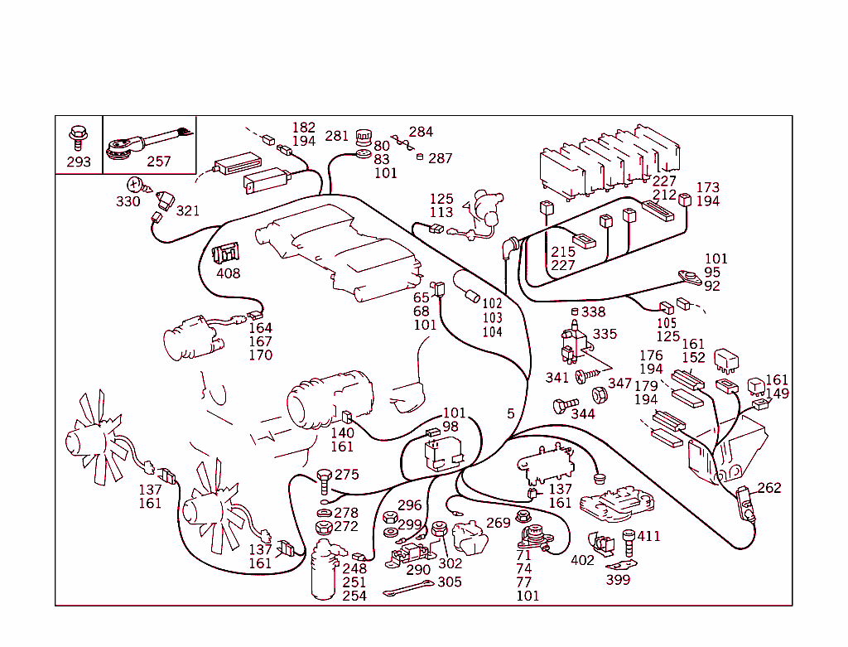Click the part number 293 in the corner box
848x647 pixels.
tap(79, 162)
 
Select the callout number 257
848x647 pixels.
tap(158, 162)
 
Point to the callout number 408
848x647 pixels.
tap(229, 273)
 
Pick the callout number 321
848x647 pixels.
tap(188, 210)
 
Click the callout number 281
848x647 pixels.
tap(336, 137)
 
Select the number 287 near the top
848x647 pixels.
tap(441, 158)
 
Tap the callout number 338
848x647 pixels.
tap(593, 312)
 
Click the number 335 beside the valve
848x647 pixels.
tap(605, 334)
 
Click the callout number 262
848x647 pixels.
tap(769, 488)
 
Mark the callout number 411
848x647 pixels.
tap(648, 536)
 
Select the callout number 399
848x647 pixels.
tap(618, 580)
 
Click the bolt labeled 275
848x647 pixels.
tap(324, 478)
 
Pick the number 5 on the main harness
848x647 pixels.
tap(511, 413)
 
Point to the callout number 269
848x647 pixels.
tap(498, 523)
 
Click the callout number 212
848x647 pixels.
tap(664, 195)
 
